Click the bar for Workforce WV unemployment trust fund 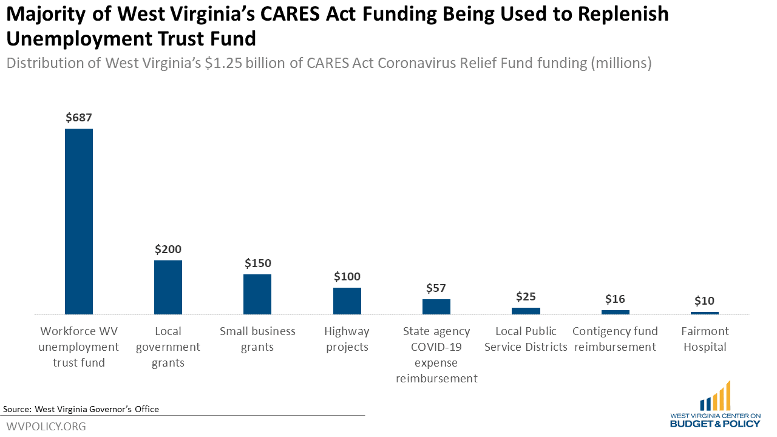[x=79, y=222]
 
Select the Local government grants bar [x=168, y=287]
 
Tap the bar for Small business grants [x=257, y=294]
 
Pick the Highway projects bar [x=347, y=301]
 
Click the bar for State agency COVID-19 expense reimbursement [x=436, y=307]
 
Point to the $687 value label [x=79, y=118]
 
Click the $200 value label [x=168, y=249]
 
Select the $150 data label [x=257, y=263]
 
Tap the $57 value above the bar [x=436, y=288]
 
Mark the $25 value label [x=526, y=297]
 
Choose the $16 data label [x=615, y=299]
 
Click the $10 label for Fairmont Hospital [x=704, y=301]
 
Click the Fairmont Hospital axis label [x=705, y=339]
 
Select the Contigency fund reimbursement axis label [x=615, y=339]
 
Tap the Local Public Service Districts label [x=526, y=339]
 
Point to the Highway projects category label [x=347, y=339]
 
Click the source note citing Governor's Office [x=81, y=409]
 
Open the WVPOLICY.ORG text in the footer [x=46, y=426]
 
